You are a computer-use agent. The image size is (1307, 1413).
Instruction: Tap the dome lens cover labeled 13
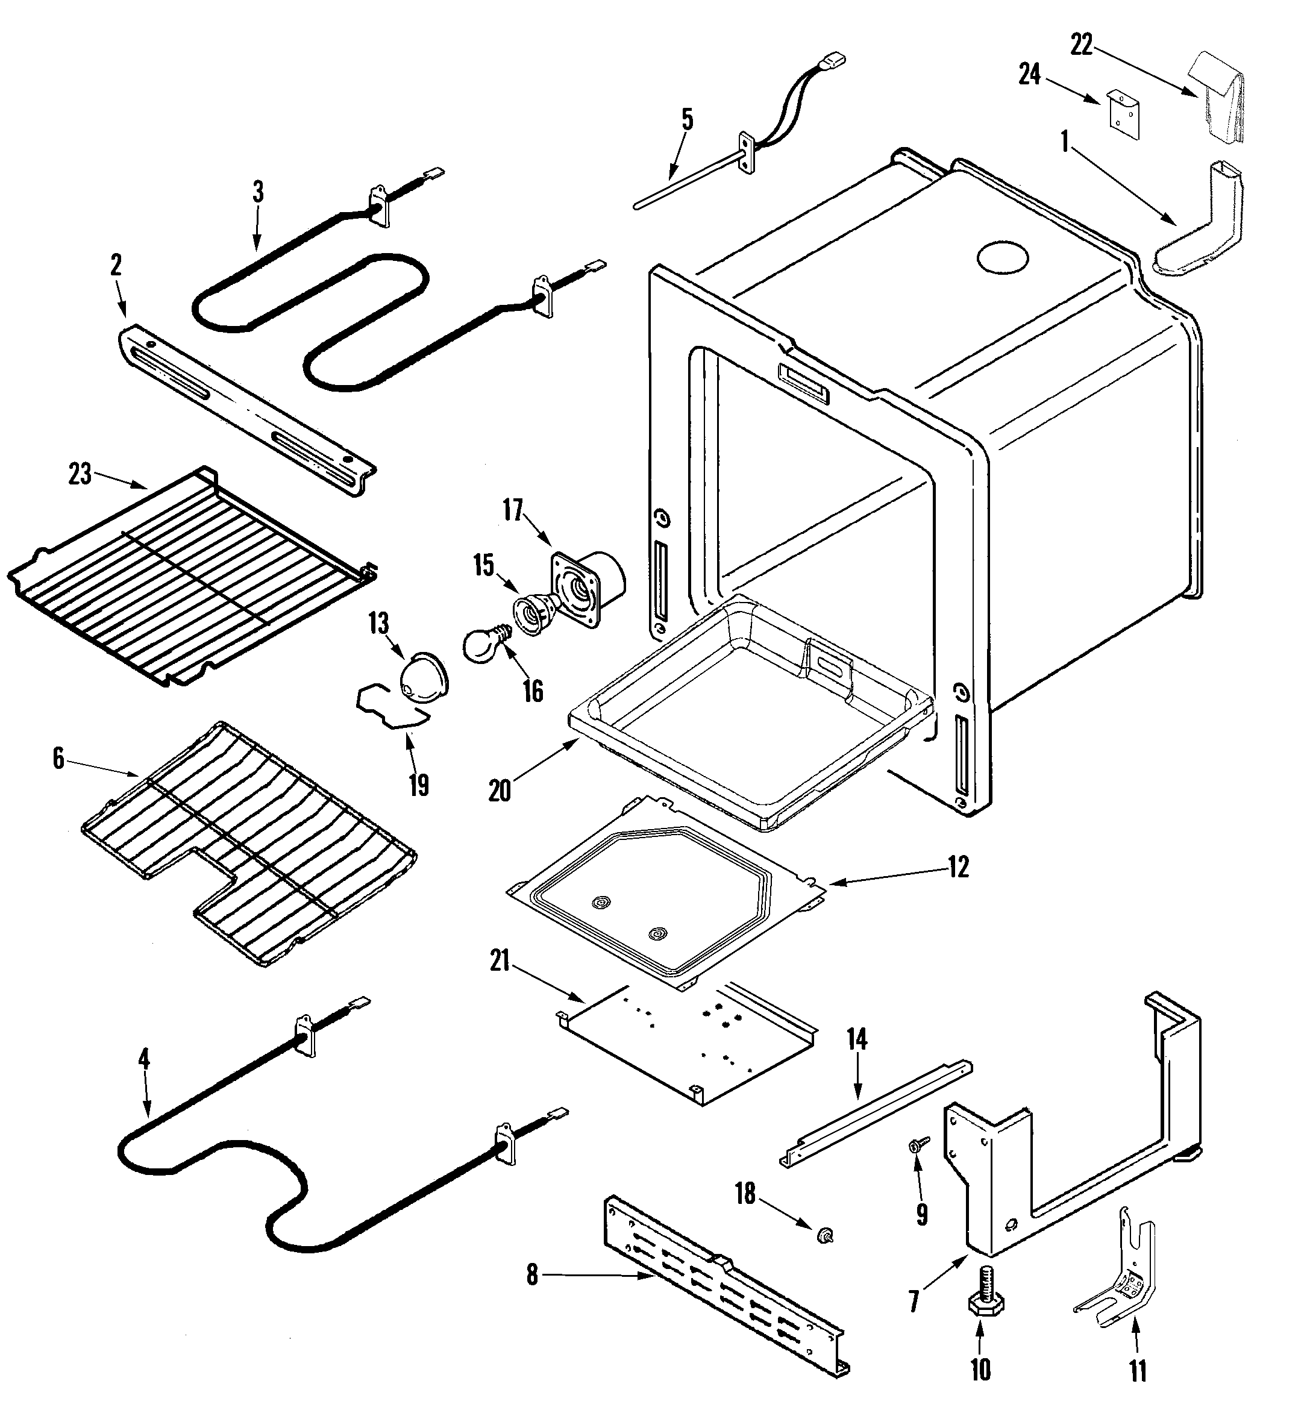(x=424, y=678)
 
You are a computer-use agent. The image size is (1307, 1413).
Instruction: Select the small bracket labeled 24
(x=1123, y=113)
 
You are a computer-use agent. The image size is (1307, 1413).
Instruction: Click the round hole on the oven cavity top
(x=1003, y=257)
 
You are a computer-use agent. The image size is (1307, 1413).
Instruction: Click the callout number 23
(x=79, y=474)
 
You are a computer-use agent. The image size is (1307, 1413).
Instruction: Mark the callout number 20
(x=500, y=791)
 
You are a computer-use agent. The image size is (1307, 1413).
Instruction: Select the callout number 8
(x=532, y=1275)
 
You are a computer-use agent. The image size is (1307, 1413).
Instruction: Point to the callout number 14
(x=856, y=1039)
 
